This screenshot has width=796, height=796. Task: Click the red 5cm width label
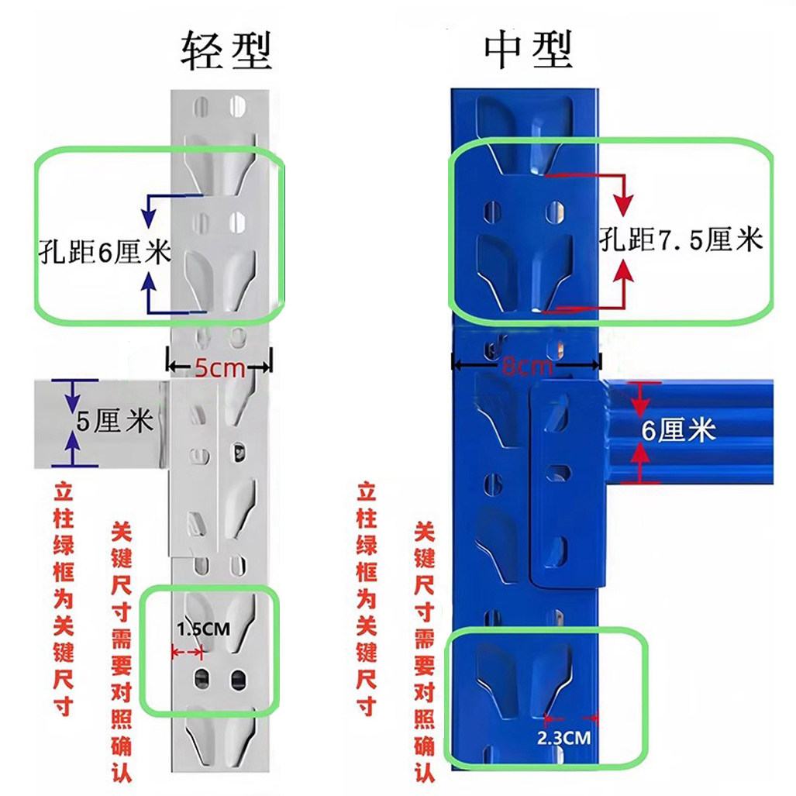[219, 369]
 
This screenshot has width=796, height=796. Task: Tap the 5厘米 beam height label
[114, 423]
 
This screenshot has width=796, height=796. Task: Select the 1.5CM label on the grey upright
[203, 629]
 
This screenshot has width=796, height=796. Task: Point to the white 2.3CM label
[563, 737]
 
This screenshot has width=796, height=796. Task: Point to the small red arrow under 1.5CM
[186, 653]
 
